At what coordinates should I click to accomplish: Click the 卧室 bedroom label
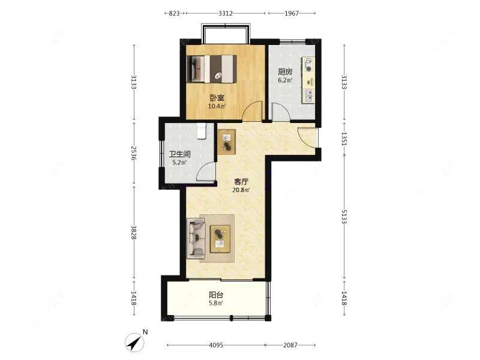click(217, 98)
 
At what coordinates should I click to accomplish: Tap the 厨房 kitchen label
click(285, 72)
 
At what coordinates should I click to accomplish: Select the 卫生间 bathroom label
click(179, 154)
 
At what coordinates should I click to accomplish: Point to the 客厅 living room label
click(241, 182)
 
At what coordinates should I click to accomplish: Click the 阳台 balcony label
click(216, 295)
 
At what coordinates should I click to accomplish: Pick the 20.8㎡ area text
click(241, 190)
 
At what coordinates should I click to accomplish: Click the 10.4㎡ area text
click(217, 107)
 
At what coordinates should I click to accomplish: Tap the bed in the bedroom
click(212, 68)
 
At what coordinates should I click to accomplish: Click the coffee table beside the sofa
click(220, 239)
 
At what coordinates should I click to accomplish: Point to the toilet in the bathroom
click(201, 131)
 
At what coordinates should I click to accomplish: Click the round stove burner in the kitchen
click(308, 69)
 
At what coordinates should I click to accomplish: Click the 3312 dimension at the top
click(226, 13)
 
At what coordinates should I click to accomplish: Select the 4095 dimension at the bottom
click(216, 345)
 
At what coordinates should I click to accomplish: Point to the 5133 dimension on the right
click(344, 217)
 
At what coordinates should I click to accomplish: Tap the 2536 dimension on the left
click(133, 153)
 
